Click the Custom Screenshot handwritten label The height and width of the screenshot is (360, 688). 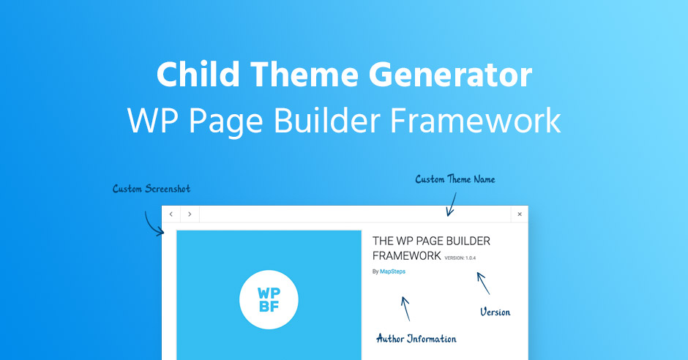(x=152, y=189)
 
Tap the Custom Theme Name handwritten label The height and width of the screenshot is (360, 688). (x=455, y=179)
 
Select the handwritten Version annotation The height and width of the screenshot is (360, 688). (x=495, y=312)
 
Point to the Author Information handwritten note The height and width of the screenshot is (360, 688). (x=416, y=339)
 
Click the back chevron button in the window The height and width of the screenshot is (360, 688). (x=171, y=214)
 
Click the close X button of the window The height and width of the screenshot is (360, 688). (x=520, y=214)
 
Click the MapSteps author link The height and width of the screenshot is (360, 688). (x=392, y=271)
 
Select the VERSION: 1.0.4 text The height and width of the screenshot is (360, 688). (x=460, y=258)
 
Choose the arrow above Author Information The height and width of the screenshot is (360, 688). (x=405, y=308)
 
